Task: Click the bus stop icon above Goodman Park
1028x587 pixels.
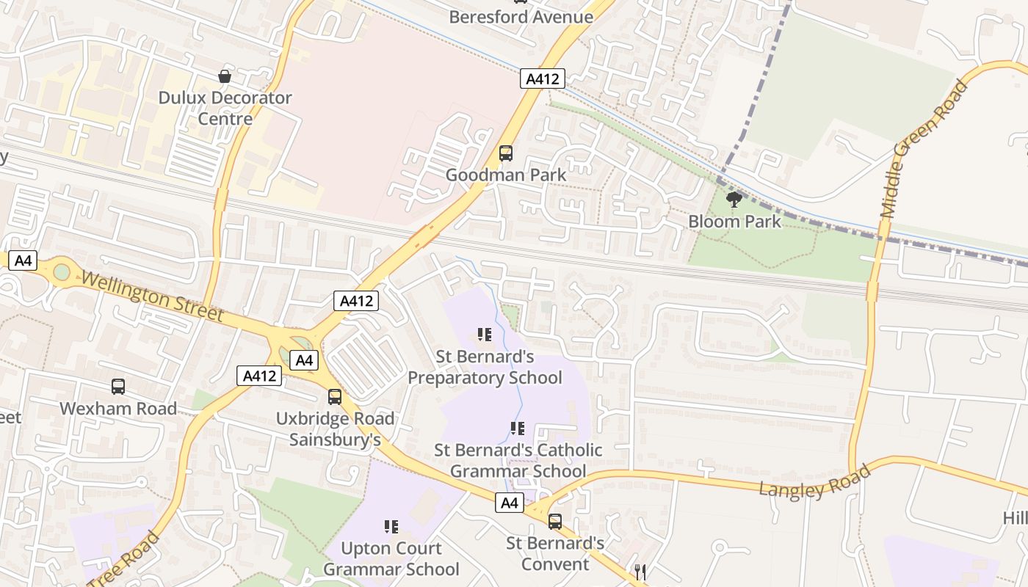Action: [x=506, y=153]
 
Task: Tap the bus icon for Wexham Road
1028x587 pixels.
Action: [x=118, y=387]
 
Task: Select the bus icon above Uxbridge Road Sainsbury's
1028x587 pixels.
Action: [x=335, y=397]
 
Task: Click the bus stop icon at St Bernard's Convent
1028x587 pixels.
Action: [x=555, y=522]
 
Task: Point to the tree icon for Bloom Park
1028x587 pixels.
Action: [x=733, y=199]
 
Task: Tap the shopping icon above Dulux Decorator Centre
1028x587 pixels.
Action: [x=225, y=76]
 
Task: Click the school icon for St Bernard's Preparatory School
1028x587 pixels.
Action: [x=484, y=335]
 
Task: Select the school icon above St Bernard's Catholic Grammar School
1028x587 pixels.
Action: [x=517, y=429]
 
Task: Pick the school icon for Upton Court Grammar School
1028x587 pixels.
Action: [x=391, y=526]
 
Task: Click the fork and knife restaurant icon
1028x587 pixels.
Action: [x=640, y=572]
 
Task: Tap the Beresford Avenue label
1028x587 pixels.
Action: [x=521, y=17]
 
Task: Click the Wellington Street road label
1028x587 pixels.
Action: [x=152, y=296]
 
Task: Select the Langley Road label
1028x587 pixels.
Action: [x=814, y=481]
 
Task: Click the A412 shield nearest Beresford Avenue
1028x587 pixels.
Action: [x=543, y=79]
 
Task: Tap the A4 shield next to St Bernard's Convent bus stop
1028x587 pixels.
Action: [x=510, y=503]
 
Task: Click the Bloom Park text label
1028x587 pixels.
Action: [x=734, y=221]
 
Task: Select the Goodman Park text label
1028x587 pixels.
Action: [x=506, y=175]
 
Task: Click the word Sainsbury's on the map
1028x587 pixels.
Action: [x=335, y=440]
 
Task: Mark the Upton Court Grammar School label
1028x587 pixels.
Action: [x=391, y=558]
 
